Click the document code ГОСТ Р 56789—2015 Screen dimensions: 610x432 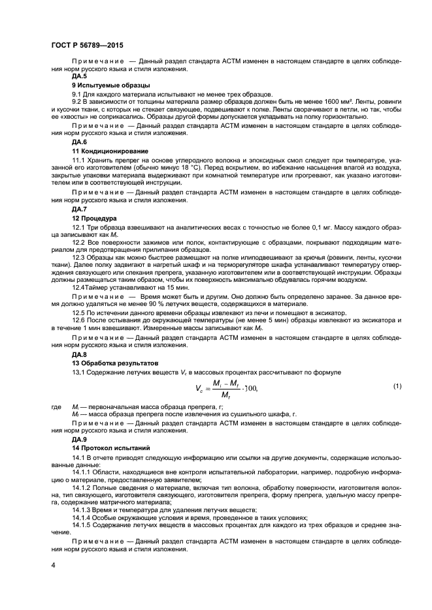(x=87, y=45)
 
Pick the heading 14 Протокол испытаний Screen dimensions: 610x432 (x=110, y=448)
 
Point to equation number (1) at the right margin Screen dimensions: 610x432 (x=396, y=387)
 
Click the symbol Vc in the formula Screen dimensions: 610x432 (x=199, y=389)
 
